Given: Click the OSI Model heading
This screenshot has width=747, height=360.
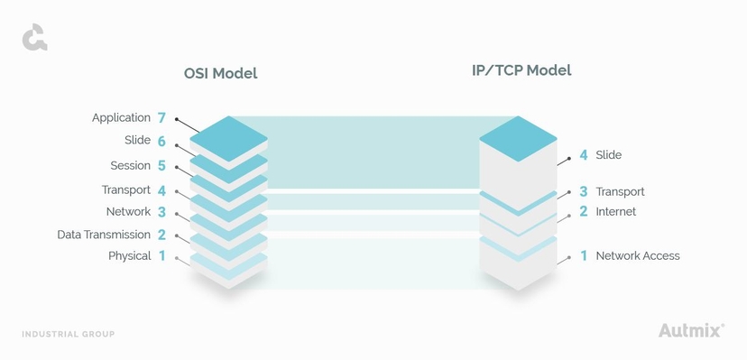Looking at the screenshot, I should click(220, 73).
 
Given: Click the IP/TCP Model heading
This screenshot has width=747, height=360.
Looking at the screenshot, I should click(521, 69).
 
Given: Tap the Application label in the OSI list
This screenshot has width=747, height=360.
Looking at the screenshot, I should click(121, 118).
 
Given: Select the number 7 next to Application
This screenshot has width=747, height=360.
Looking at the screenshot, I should click(161, 118).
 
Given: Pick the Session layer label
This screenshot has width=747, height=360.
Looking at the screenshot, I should click(130, 166).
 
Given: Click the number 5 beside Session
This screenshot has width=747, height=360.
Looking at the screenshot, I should click(161, 166).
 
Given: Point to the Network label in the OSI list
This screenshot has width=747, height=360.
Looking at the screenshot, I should click(128, 212).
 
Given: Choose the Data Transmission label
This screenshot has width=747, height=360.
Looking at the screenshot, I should click(104, 235).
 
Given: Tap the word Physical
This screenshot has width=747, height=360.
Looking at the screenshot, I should click(129, 256).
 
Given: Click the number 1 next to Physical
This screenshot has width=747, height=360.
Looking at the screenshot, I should click(162, 256).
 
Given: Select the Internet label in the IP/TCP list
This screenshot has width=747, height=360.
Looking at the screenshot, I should click(615, 212).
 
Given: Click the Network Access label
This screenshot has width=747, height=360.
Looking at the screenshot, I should click(637, 256).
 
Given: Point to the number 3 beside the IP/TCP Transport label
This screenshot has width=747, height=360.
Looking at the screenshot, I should click(584, 191).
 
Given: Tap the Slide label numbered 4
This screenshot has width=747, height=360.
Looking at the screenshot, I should click(608, 155).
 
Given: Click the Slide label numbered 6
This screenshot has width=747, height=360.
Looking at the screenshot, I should click(137, 141).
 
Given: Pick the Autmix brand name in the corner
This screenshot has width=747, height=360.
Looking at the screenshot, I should click(690, 330).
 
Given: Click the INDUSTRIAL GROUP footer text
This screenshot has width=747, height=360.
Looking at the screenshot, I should click(69, 334).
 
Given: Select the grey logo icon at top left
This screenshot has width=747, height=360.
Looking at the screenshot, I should click(34, 39).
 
